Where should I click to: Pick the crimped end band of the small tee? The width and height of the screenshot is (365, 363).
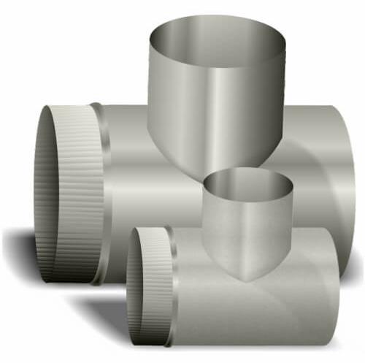[x=150, y=285]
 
